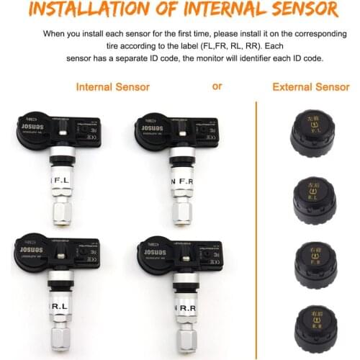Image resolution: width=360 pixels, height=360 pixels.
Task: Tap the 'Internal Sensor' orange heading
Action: pos(112,87)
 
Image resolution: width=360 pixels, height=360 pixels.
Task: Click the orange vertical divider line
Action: pos(257,216)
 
